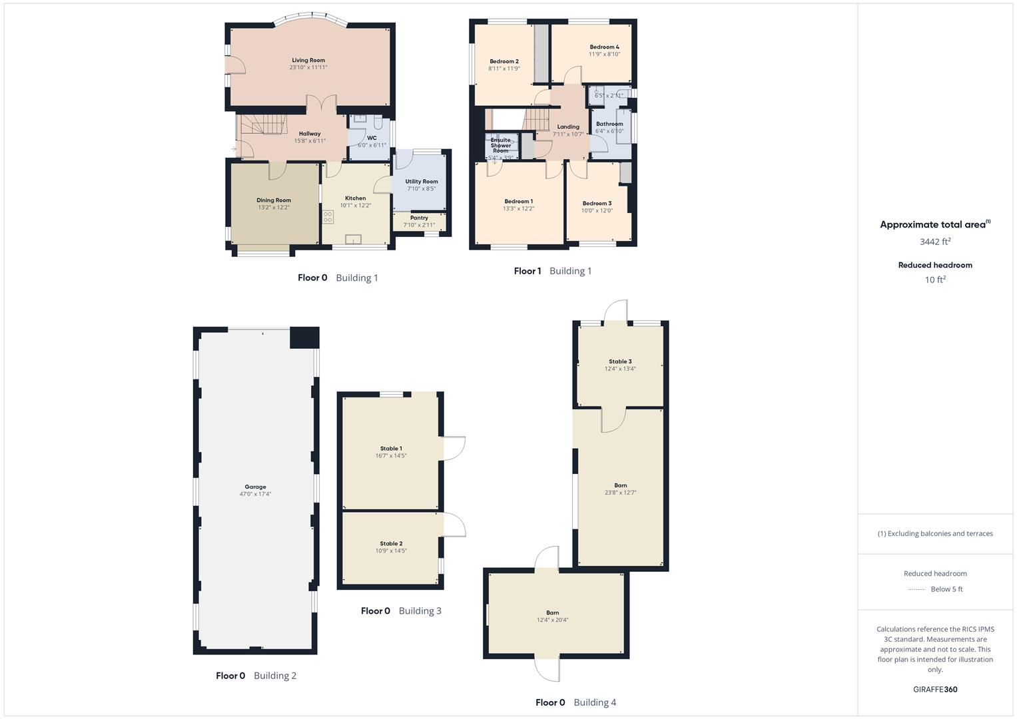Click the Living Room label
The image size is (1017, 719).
point(308,61)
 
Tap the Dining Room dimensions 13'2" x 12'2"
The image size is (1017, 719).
point(274,208)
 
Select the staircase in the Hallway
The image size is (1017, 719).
point(262,124)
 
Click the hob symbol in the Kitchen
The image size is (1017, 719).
point(328,216)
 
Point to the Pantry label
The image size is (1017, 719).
point(419,218)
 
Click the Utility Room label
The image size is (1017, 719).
point(421,182)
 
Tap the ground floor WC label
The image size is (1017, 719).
point(372,138)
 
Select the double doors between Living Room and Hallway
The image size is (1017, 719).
point(322,104)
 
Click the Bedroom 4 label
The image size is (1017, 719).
point(604,47)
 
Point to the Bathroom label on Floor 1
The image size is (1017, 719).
point(609,124)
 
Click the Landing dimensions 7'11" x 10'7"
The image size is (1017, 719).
point(568,134)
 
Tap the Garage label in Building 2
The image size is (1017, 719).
point(255,487)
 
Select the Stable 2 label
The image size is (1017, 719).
point(391,544)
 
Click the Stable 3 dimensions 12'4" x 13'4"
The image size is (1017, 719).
point(620,369)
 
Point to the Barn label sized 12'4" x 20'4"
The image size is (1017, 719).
point(552,612)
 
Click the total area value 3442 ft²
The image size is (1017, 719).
point(935,242)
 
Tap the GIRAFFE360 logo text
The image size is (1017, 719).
point(935,689)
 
